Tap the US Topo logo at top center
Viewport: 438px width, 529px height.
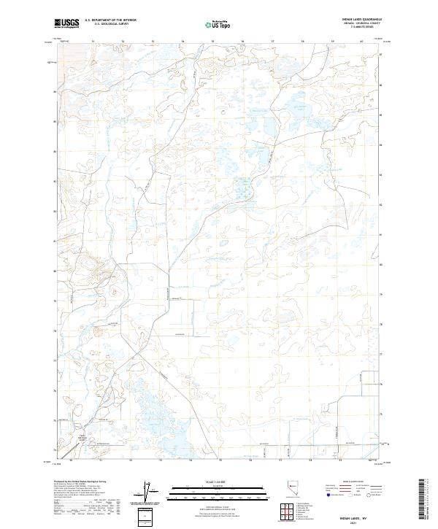(219, 24)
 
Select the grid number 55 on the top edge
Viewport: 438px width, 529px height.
(212, 42)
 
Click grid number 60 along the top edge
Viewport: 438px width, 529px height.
(362, 42)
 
